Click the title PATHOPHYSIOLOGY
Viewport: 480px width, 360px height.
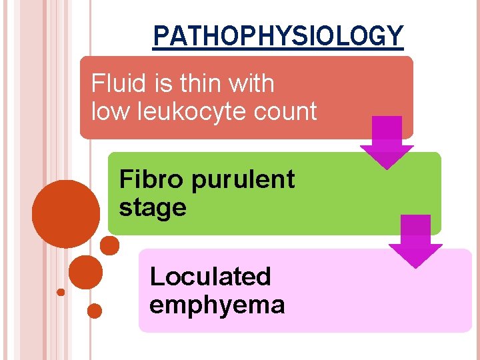[277, 35]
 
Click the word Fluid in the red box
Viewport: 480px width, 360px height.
[112, 84]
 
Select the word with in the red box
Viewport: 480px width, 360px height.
[250, 84]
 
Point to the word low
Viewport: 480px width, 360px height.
[109, 111]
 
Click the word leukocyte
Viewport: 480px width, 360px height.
[190, 112]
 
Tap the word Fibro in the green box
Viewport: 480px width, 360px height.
[148, 179]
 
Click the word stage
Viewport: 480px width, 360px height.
[153, 208]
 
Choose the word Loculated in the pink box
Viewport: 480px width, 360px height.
[210, 276]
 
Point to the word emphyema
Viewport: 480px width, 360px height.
[217, 305]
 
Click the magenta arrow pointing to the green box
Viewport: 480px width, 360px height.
[387, 142]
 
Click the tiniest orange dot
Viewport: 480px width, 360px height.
[61, 292]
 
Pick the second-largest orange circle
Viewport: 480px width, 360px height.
[85, 272]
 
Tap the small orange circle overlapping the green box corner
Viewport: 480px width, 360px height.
[109, 245]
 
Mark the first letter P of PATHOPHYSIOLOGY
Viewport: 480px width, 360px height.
[159, 36]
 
